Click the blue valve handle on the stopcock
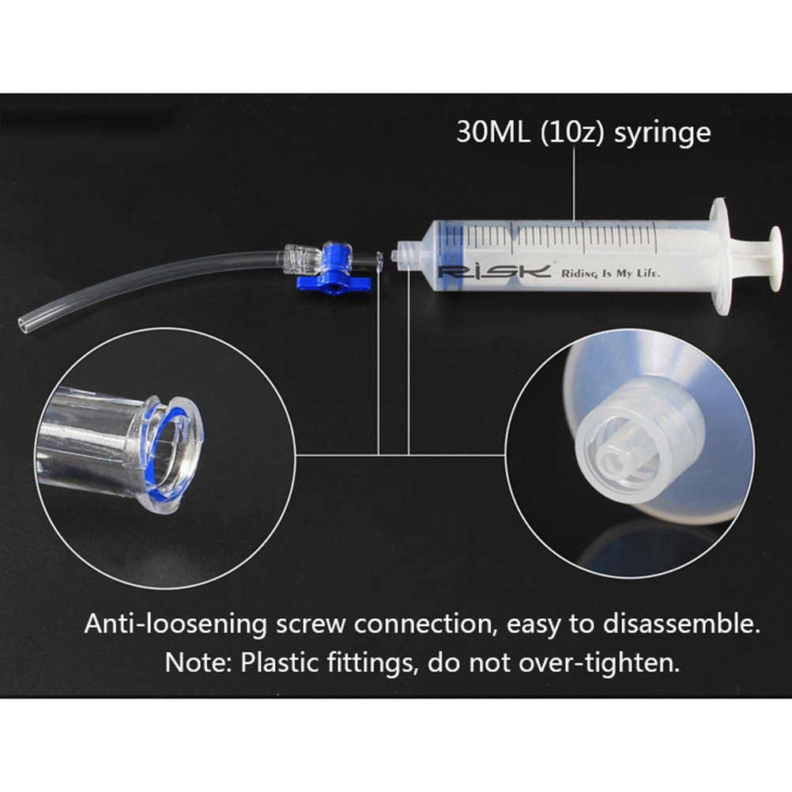[x=334, y=283]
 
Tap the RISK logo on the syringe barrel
[x=494, y=272]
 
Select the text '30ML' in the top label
[x=493, y=132]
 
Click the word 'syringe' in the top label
[x=662, y=134]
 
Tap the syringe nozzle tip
[x=396, y=255]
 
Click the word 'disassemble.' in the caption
[x=681, y=624]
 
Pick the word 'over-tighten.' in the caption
[x=600, y=663]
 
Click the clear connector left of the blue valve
[x=302, y=259]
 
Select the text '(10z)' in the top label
[x=571, y=133]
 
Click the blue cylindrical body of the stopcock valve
[x=338, y=260]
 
